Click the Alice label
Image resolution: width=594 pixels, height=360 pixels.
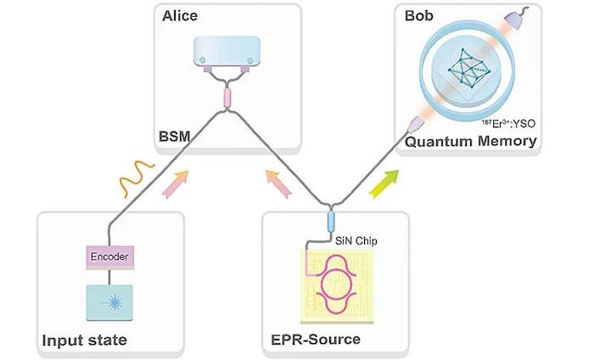click(x=180, y=16)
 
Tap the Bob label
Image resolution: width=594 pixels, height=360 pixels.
click(x=418, y=16)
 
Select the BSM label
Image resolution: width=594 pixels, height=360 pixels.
click(x=174, y=136)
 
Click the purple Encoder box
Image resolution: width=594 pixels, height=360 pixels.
click(x=109, y=257)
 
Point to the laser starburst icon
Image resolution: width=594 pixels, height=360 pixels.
click(x=114, y=302)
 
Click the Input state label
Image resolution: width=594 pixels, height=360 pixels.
click(x=85, y=340)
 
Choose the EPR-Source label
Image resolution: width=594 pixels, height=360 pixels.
click(x=316, y=339)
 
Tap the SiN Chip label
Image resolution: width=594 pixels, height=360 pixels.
click(x=356, y=241)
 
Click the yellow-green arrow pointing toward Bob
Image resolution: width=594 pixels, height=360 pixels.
click(x=384, y=183)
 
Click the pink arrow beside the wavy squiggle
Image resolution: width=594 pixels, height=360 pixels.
click(x=175, y=184)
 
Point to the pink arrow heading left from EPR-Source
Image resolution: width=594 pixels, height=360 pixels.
click(x=278, y=183)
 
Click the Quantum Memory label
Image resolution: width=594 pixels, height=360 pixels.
click(x=471, y=141)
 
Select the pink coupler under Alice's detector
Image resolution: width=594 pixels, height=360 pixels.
click(x=227, y=98)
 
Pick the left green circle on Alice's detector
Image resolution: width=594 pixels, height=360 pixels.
click(x=203, y=60)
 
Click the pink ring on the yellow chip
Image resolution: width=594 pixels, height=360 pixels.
click(x=337, y=284)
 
